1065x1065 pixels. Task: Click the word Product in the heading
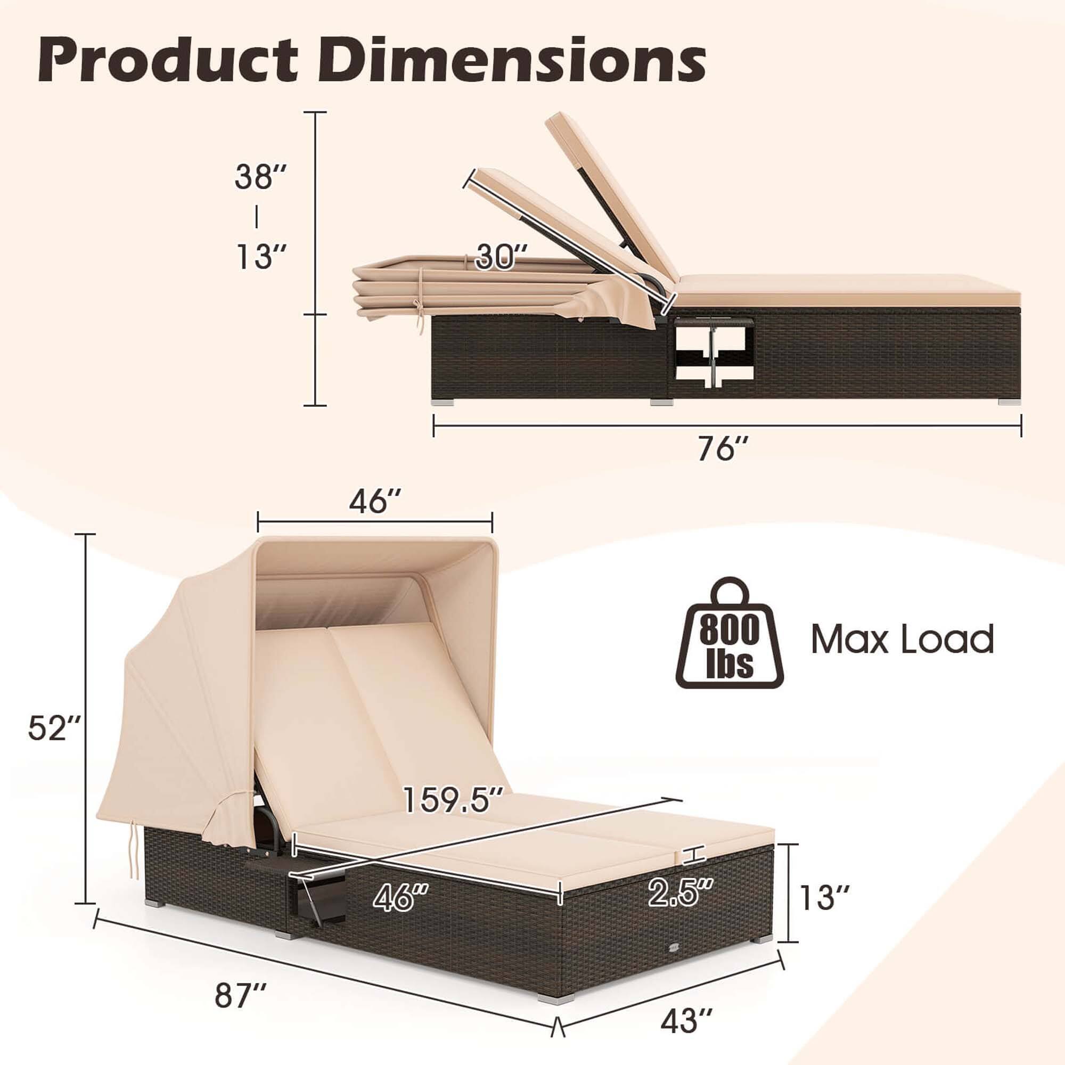point(168,61)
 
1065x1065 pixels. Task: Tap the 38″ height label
point(260,177)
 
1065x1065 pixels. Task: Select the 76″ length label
point(723,448)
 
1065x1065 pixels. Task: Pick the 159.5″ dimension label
point(453,800)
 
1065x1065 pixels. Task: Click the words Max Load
point(902,640)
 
